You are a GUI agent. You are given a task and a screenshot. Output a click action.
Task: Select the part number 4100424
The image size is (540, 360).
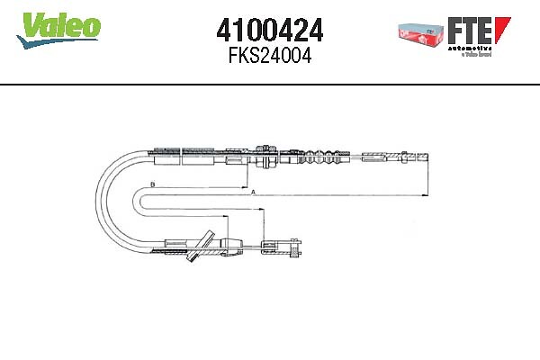[270, 31]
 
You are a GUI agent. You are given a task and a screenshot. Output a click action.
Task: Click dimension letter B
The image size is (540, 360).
[153, 185]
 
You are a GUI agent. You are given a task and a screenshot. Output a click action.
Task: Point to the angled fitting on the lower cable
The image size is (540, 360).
[200, 247]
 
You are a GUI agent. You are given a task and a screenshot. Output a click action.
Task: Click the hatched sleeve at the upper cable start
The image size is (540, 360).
[180, 154]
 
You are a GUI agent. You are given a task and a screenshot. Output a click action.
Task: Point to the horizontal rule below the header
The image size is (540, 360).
[270, 84]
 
